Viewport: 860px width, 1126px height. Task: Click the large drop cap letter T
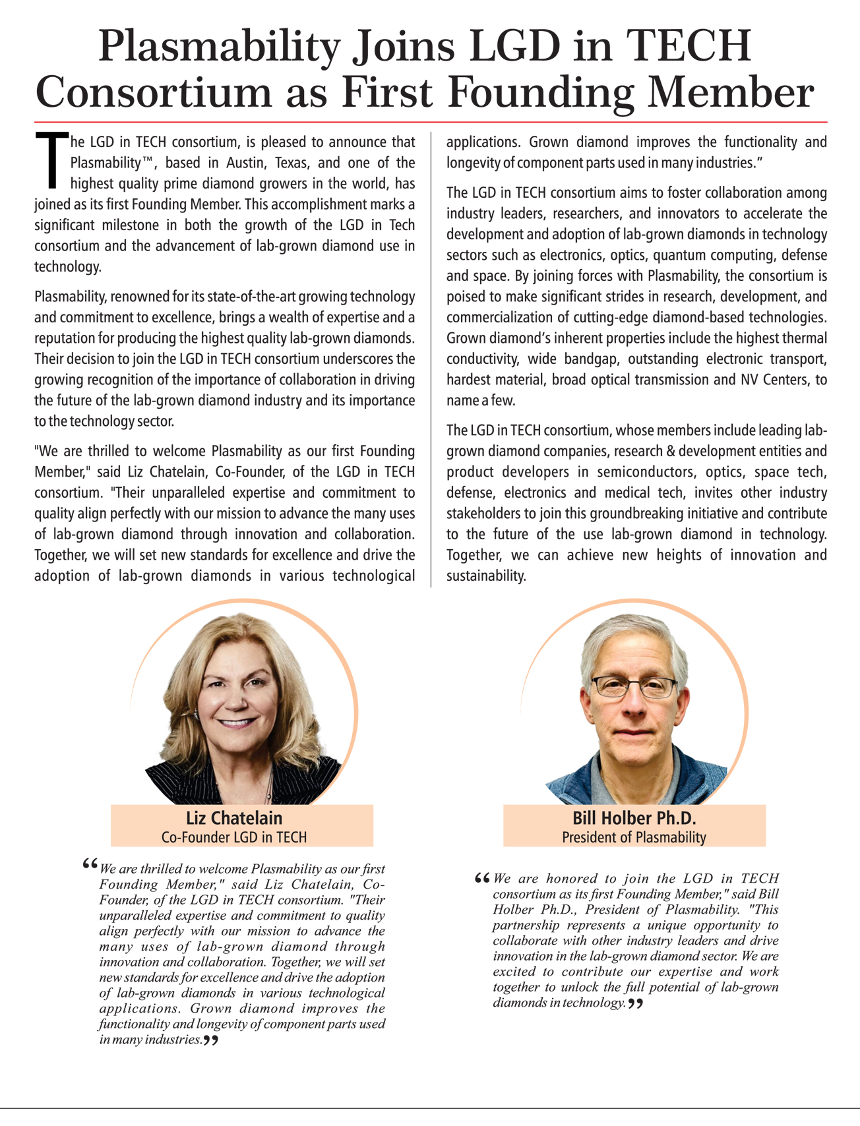[x=50, y=159]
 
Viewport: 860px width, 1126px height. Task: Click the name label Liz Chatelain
[x=234, y=818]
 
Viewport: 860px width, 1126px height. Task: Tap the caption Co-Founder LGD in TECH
[x=234, y=837]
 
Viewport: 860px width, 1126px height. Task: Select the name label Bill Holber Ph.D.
[x=634, y=818]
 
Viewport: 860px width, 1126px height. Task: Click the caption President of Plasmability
[x=634, y=837]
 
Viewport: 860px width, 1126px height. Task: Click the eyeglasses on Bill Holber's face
[x=634, y=688]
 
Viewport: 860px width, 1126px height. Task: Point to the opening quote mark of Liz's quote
[x=90, y=864]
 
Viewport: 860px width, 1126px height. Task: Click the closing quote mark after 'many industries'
[x=210, y=1040]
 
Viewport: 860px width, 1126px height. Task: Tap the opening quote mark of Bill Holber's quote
[x=482, y=878]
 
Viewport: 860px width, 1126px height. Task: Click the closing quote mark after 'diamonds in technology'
[x=635, y=1004]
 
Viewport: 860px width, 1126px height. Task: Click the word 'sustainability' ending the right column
[x=486, y=576]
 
